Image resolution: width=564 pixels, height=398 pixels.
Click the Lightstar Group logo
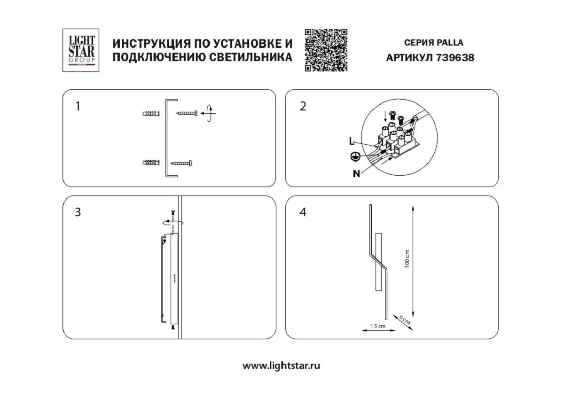pos(81,50)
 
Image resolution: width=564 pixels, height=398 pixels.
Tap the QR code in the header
pos(326,50)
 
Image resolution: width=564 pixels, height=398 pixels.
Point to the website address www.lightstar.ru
pos(281,366)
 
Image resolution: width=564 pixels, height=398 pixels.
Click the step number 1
pos(78,106)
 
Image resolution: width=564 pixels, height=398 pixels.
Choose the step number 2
pos(303,106)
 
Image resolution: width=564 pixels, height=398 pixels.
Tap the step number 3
pos(78,212)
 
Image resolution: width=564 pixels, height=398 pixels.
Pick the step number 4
pos(303,212)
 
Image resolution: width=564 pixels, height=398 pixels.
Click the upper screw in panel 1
pos(187,113)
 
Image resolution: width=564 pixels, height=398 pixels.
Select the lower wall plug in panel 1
pos(151,163)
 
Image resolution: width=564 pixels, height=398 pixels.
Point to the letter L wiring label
pos(352,140)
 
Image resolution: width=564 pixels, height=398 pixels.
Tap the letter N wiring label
pos(356,174)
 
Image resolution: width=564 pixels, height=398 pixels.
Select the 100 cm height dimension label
pos(407,258)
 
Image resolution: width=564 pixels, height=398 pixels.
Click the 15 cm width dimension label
pos(378,326)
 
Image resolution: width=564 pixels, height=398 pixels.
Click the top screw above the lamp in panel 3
pos(173,214)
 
